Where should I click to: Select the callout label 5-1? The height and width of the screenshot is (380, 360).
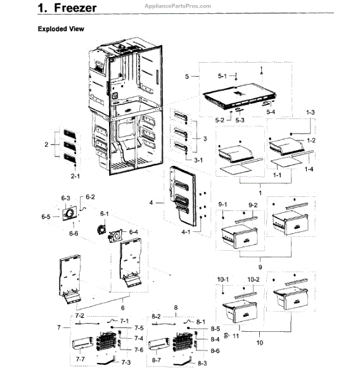click(x=222, y=76)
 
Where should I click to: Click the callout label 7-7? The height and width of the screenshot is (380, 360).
click(x=81, y=359)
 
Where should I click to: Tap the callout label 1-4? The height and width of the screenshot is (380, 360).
click(x=309, y=170)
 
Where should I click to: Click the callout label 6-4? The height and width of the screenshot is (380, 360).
click(x=134, y=232)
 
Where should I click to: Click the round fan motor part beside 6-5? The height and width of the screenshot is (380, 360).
click(x=67, y=216)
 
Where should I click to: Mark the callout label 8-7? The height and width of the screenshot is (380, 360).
click(x=157, y=360)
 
